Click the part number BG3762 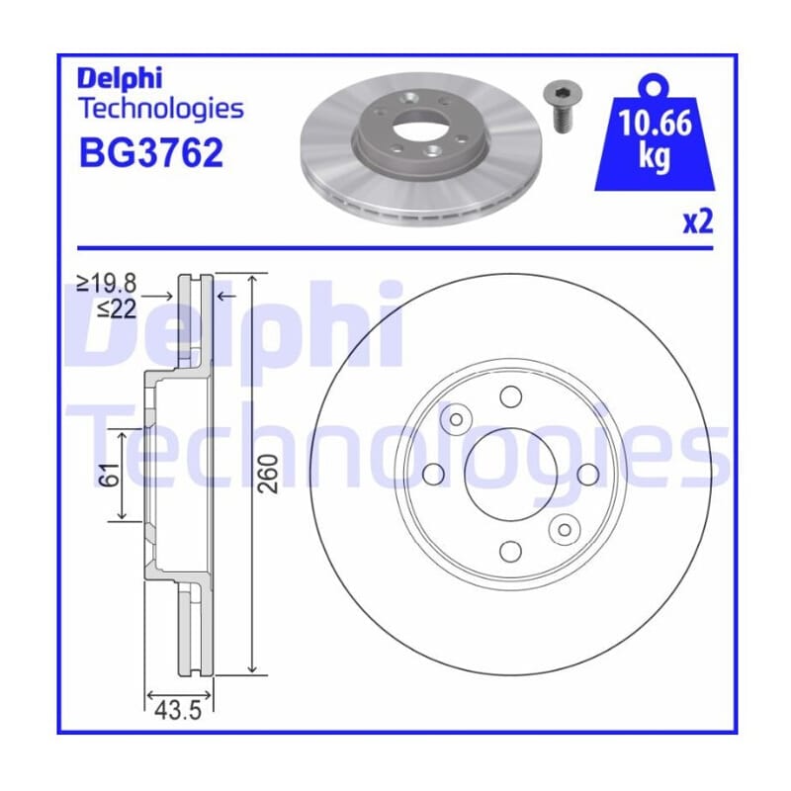(151, 153)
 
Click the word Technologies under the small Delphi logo (161, 109)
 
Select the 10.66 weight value (655, 123)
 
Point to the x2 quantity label (698, 221)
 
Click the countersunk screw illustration (562, 107)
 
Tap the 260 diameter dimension (268, 474)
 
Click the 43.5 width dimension (178, 710)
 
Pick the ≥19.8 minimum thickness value (107, 284)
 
